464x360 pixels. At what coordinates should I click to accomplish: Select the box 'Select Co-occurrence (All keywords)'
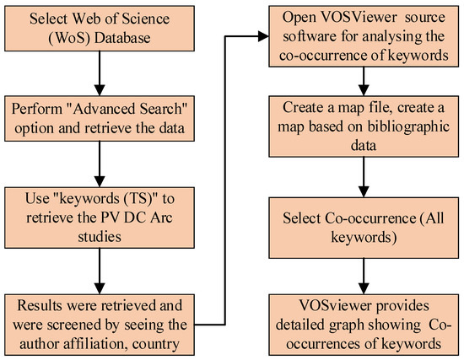pos(364,225)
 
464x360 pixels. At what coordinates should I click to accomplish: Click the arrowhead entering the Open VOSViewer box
pos(262,35)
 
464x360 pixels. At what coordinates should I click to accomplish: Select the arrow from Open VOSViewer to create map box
pos(364,78)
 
